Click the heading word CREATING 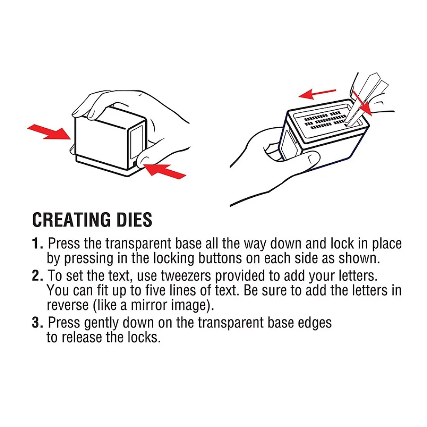coord(72,220)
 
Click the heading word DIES coord(134,220)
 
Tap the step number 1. coord(37,243)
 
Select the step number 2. coord(37,275)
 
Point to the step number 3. coord(37,322)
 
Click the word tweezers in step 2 coord(186,276)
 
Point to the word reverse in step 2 coord(68,305)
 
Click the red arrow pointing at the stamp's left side coord(49,132)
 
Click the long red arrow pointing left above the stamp coord(317,94)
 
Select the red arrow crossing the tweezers coord(362,103)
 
